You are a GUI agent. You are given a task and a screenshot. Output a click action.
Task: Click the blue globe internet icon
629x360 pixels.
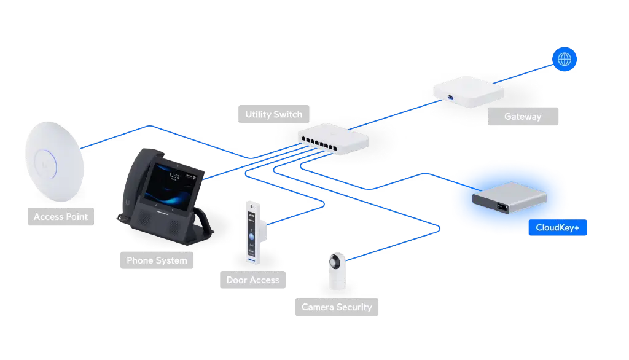coord(565,59)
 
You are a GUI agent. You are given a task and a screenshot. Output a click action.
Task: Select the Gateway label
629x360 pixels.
coord(523,116)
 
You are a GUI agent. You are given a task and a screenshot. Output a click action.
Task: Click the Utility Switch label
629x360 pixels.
coord(273,114)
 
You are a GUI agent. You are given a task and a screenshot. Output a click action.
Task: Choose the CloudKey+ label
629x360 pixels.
coord(553,228)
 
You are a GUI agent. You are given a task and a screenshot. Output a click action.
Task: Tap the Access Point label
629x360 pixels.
coord(60,217)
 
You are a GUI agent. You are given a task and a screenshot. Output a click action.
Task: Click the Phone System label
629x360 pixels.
coord(157,260)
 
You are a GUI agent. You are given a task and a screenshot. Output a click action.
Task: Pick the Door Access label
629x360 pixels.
coord(252,280)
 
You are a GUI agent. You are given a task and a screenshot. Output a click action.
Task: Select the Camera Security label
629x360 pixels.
coord(337,307)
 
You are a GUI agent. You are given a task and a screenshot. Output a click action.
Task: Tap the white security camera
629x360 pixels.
coord(336,270)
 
